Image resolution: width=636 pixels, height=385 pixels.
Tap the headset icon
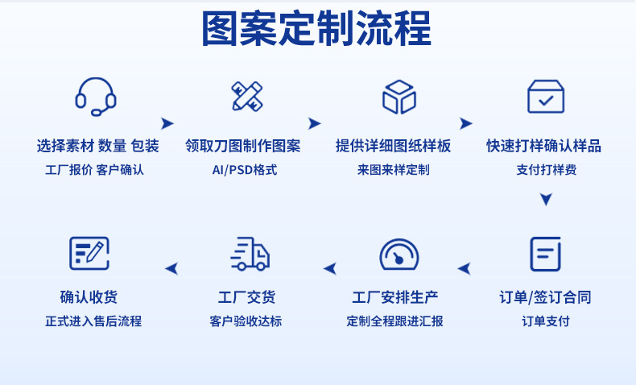pyautogui.click(x=96, y=96)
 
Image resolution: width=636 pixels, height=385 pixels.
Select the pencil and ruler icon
pyautogui.click(x=246, y=96)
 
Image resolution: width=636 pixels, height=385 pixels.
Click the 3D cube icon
pyautogui.click(x=399, y=97)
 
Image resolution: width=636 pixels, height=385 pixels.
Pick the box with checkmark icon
pyautogui.click(x=546, y=97)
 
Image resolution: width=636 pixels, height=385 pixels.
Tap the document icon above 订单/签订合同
pyautogui.click(x=545, y=254)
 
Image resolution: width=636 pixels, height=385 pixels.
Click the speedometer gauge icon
pyautogui.click(x=399, y=254)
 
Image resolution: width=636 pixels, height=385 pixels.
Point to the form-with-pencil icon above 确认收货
pyautogui.click(x=89, y=254)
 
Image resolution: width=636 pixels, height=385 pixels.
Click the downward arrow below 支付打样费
pyautogui.click(x=546, y=199)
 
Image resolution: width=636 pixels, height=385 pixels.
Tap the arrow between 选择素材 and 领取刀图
pyautogui.click(x=167, y=123)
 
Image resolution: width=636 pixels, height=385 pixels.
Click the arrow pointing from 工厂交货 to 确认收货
pyautogui.click(x=171, y=268)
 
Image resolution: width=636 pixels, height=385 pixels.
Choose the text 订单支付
pyautogui.click(x=545, y=321)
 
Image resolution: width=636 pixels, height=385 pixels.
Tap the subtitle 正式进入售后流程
pyautogui.click(x=93, y=321)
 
